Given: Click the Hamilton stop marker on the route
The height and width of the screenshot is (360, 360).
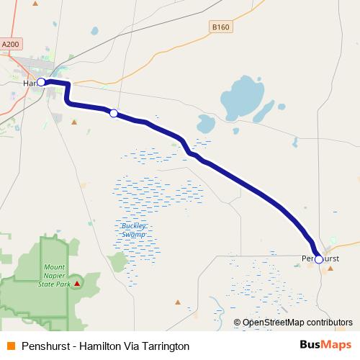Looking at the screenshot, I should click(x=42, y=82).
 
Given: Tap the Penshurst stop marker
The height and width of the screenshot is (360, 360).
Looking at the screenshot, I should click(x=319, y=259).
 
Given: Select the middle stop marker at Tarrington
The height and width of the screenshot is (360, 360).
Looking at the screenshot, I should click(x=113, y=112).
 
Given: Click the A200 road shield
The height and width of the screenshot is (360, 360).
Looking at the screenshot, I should click(x=10, y=44).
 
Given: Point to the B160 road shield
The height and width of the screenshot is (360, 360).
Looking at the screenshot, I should click(x=221, y=27).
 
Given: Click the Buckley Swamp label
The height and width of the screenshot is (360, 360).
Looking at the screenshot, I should click(x=133, y=230).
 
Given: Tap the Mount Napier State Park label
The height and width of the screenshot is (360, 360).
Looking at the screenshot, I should click(x=53, y=275).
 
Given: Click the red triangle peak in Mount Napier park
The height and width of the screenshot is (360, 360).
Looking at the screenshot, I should click(x=77, y=284).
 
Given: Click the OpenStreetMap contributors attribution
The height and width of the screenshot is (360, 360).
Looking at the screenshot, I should click(x=292, y=323).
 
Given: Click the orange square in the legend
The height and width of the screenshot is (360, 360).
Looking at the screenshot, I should click(x=9, y=346).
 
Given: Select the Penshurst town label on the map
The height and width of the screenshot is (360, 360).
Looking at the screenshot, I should click(x=321, y=258).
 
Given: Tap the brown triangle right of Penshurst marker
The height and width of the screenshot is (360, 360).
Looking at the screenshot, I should click(x=330, y=269).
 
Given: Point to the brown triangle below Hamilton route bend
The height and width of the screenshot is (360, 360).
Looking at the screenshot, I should click(x=73, y=122).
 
